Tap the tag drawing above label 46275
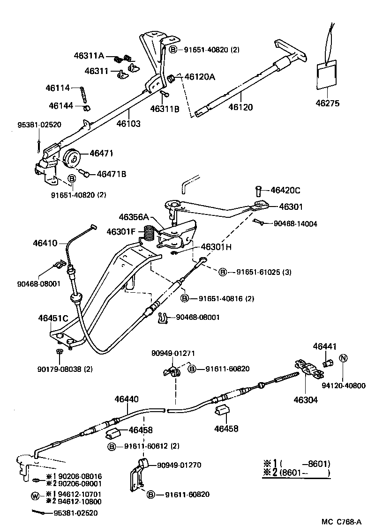point(326,74)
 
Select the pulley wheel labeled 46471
point(72,157)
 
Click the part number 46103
point(129,124)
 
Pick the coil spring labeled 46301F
point(148,233)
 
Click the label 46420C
point(285,190)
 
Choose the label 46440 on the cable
point(127,399)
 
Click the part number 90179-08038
point(65,369)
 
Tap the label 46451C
point(53,318)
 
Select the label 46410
point(45,243)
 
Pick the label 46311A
point(89,55)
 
